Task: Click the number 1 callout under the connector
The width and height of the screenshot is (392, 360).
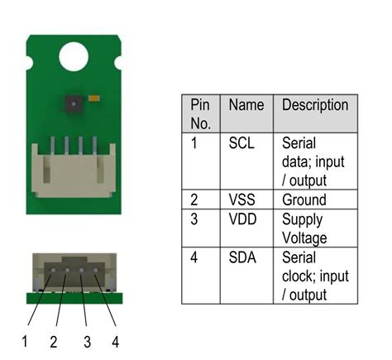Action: click(24, 341)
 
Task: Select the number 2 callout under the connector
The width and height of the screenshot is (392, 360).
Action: click(52, 341)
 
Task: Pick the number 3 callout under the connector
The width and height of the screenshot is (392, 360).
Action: click(85, 341)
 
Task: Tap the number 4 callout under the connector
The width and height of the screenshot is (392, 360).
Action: click(114, 341)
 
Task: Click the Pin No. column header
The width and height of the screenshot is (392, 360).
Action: click(201, 114)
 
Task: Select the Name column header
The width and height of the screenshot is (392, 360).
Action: click(246, 106)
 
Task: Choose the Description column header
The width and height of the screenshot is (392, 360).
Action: click(315, 106)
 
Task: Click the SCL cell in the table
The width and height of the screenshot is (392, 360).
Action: click(241, 142)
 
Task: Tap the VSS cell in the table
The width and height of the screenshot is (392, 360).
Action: click(242, 199)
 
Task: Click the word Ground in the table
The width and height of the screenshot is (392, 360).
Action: click(304, 199)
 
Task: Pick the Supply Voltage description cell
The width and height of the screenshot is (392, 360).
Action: click(304, 229)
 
